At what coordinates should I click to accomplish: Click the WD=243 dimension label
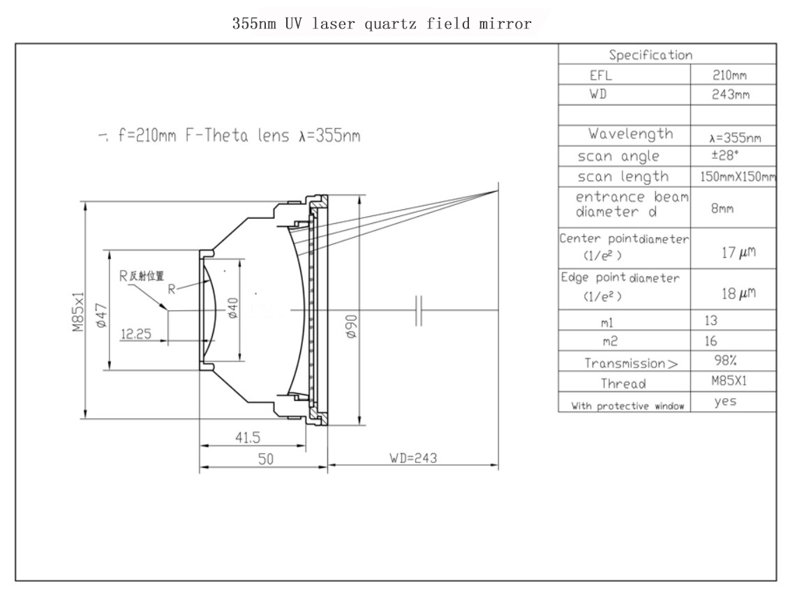(413, 458)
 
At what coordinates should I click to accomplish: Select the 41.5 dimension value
(248, 437)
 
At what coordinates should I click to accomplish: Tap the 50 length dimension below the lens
(265, 459)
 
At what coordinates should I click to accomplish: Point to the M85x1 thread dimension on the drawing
(77, 312)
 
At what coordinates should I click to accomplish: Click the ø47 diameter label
(101, 316)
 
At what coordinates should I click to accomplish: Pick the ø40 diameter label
(233, 308)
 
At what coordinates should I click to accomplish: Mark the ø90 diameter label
(352, 326)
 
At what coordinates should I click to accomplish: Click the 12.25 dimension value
(136, 334)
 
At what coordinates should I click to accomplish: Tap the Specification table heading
(650, 55)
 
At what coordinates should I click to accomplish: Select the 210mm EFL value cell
(729, 75)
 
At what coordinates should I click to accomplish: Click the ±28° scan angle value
(725, 155)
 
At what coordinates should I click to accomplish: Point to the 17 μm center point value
(738, 252)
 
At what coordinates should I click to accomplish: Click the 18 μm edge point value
(738, 293)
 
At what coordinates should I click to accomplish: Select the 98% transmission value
(726, 360)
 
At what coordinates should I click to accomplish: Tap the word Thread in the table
(623, 384)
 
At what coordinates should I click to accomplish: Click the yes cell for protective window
(726, 401)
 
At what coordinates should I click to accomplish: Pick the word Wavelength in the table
(630, 134)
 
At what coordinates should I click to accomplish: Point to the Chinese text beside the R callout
(147, 276)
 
